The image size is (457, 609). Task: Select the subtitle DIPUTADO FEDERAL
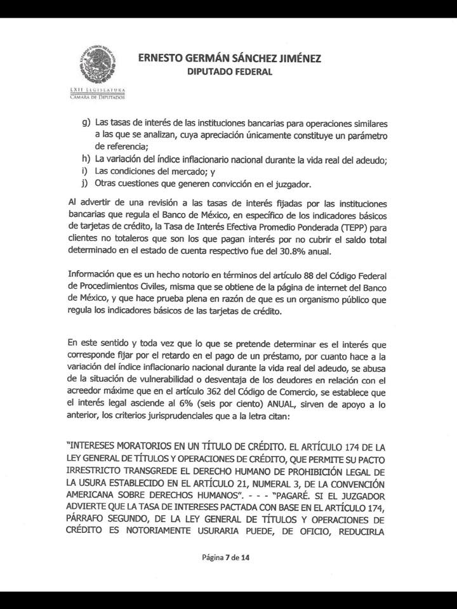pos(228,72)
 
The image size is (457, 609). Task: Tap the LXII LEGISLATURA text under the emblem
pos(97,91)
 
